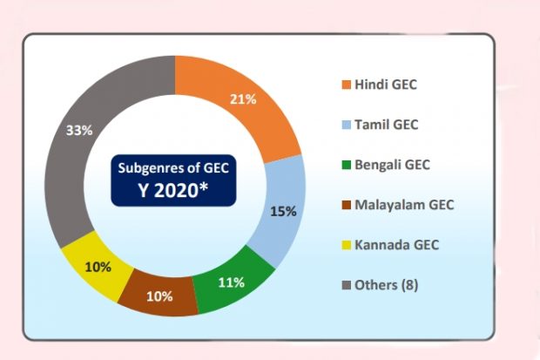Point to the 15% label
[284, 211]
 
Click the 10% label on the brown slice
[159, 295]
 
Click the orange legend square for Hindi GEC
[346, 85]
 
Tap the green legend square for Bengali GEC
[346, 165]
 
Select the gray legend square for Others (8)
[346, 285]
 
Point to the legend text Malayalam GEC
[404, 205]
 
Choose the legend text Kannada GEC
[396, 245]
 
